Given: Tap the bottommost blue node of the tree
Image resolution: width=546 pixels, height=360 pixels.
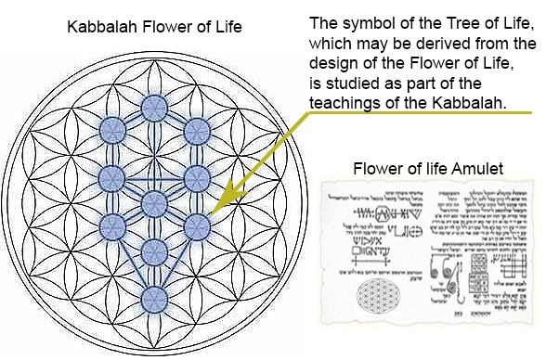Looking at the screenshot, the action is point(154,298).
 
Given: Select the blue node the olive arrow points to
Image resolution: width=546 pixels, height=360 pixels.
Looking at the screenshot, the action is point(196,225).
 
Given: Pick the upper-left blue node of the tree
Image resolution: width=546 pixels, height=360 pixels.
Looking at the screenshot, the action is point(112,129).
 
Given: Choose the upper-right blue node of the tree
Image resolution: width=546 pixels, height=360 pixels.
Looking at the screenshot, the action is point(196,129).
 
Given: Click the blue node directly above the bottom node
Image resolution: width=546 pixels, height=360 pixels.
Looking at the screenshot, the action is point(154,250).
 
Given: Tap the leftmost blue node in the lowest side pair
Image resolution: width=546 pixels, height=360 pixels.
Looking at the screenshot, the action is point(112,225).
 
